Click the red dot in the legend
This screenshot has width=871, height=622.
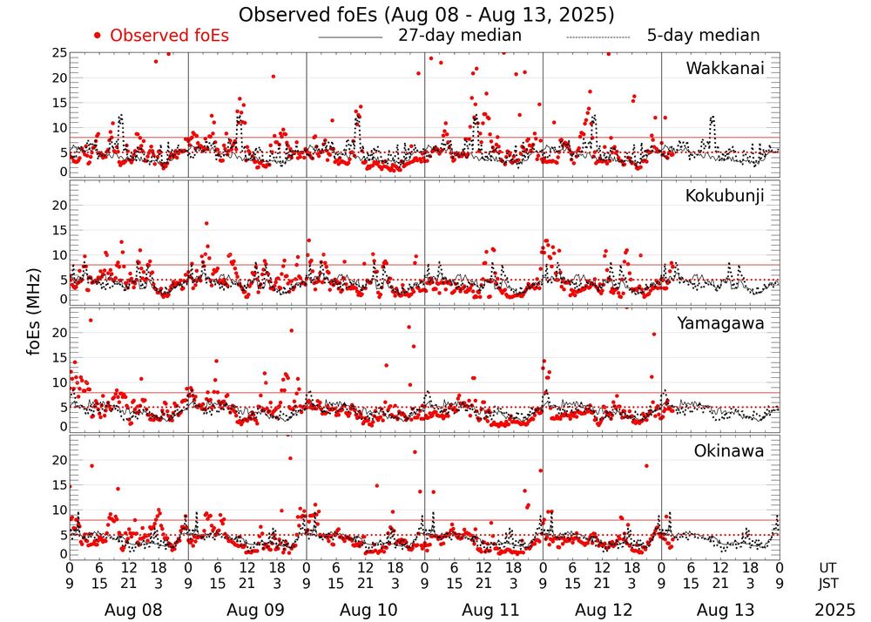[x=98, y=36]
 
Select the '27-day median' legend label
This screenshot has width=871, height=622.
[x=460, y=36]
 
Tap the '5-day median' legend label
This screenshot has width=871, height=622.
[x=703, y=36]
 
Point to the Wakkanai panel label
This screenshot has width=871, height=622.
[x=725, y=68]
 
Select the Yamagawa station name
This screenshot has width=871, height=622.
[x=720, y=323]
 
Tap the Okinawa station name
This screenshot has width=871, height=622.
[x=728, y=451]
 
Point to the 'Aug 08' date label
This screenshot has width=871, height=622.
[x=128, y=610]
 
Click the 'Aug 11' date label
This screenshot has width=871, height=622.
[x=483, y=610]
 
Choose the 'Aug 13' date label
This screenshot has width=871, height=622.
[x=720, y=610]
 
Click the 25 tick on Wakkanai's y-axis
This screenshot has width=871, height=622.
[x=59, y=53]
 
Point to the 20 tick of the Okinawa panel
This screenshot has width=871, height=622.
[x=59, y=460]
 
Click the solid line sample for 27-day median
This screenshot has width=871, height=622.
[x=350, y=37]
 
